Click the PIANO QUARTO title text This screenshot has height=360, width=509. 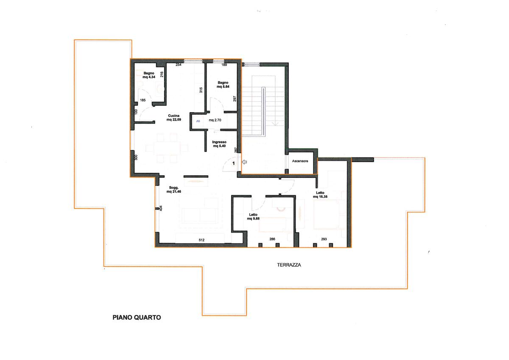pos(137,318)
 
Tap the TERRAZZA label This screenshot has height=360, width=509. pos(289,265)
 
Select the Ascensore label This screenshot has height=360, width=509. pos(300,161)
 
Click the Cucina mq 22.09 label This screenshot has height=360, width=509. pos(174,118)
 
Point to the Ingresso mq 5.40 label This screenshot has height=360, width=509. pos(219,144)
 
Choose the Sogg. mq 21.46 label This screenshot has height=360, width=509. pos(173,190)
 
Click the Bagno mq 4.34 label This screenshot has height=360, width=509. pos(149,75)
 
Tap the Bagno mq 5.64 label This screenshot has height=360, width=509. pos(223,84)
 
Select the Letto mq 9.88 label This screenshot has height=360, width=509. pos(253,217)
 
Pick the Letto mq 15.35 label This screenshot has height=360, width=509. pos(320,195)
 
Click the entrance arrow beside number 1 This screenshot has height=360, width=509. pos(244,162)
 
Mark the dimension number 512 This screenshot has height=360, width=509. pos(201,240)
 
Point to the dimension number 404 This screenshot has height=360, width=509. pos(161,208)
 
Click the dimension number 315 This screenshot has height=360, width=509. pos(201,90)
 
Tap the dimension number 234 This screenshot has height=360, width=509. pos(179,65)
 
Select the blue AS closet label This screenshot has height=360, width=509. pos(198,121)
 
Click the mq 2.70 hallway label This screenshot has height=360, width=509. pos(215,120)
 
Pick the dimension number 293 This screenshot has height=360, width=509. pos(324,239)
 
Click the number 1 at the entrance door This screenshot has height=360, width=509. pos(233,163)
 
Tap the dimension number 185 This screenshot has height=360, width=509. pos(143,100)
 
